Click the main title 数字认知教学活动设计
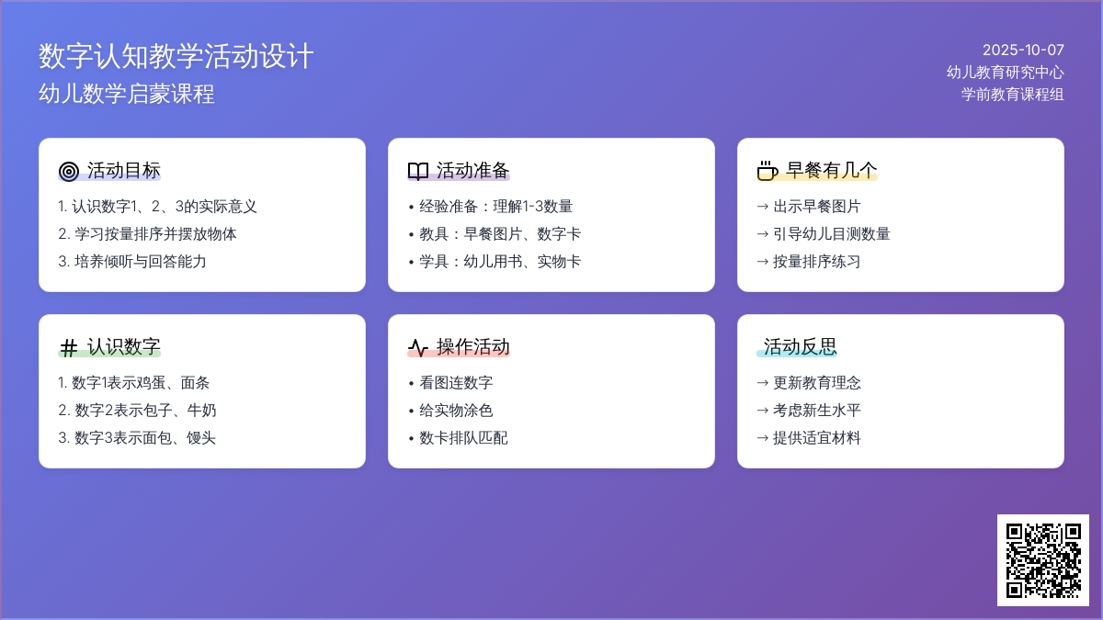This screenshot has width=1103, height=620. click(176, 56)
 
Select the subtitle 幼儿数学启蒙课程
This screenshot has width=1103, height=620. click(127, 94)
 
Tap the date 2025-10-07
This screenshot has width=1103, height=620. click(1023, 51)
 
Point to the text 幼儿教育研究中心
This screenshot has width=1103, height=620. click(1005, 73)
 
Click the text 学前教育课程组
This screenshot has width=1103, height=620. click(1012, 94)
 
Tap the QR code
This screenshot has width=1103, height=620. click(1043, 560)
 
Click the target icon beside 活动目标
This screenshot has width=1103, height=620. click(68, 171)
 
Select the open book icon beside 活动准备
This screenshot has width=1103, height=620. click(418, 171)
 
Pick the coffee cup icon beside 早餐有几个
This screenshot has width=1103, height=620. click(768, 171)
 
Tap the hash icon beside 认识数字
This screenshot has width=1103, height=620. click(68, 347)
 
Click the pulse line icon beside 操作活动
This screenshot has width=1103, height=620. click(418, 347)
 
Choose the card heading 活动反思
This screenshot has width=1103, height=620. click(801, 346)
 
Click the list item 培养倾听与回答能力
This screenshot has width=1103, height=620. click(132, 261)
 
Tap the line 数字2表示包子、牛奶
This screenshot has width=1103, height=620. click(137, 410)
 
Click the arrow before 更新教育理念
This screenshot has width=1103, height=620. click(763, 383)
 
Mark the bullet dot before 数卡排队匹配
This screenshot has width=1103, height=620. click(411, 438)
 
